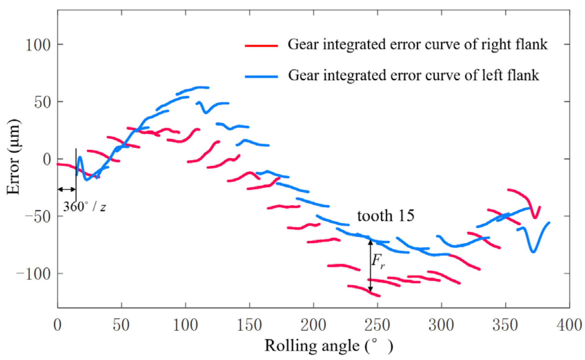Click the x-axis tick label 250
[x=377, y=325]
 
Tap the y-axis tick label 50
[x=42, y=102]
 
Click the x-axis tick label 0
[x=57, y=325]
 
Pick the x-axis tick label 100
[x=186, y=325]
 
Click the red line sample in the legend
[x=261, y=46]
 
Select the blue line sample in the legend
[x=261, y=76]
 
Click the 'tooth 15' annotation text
[x=385, y=216]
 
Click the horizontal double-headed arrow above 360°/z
[x=67, y=189]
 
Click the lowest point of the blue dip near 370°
[x=533, y=252]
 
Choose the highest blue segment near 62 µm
[x=195, y=89]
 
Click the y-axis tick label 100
[x=38, y=45]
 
